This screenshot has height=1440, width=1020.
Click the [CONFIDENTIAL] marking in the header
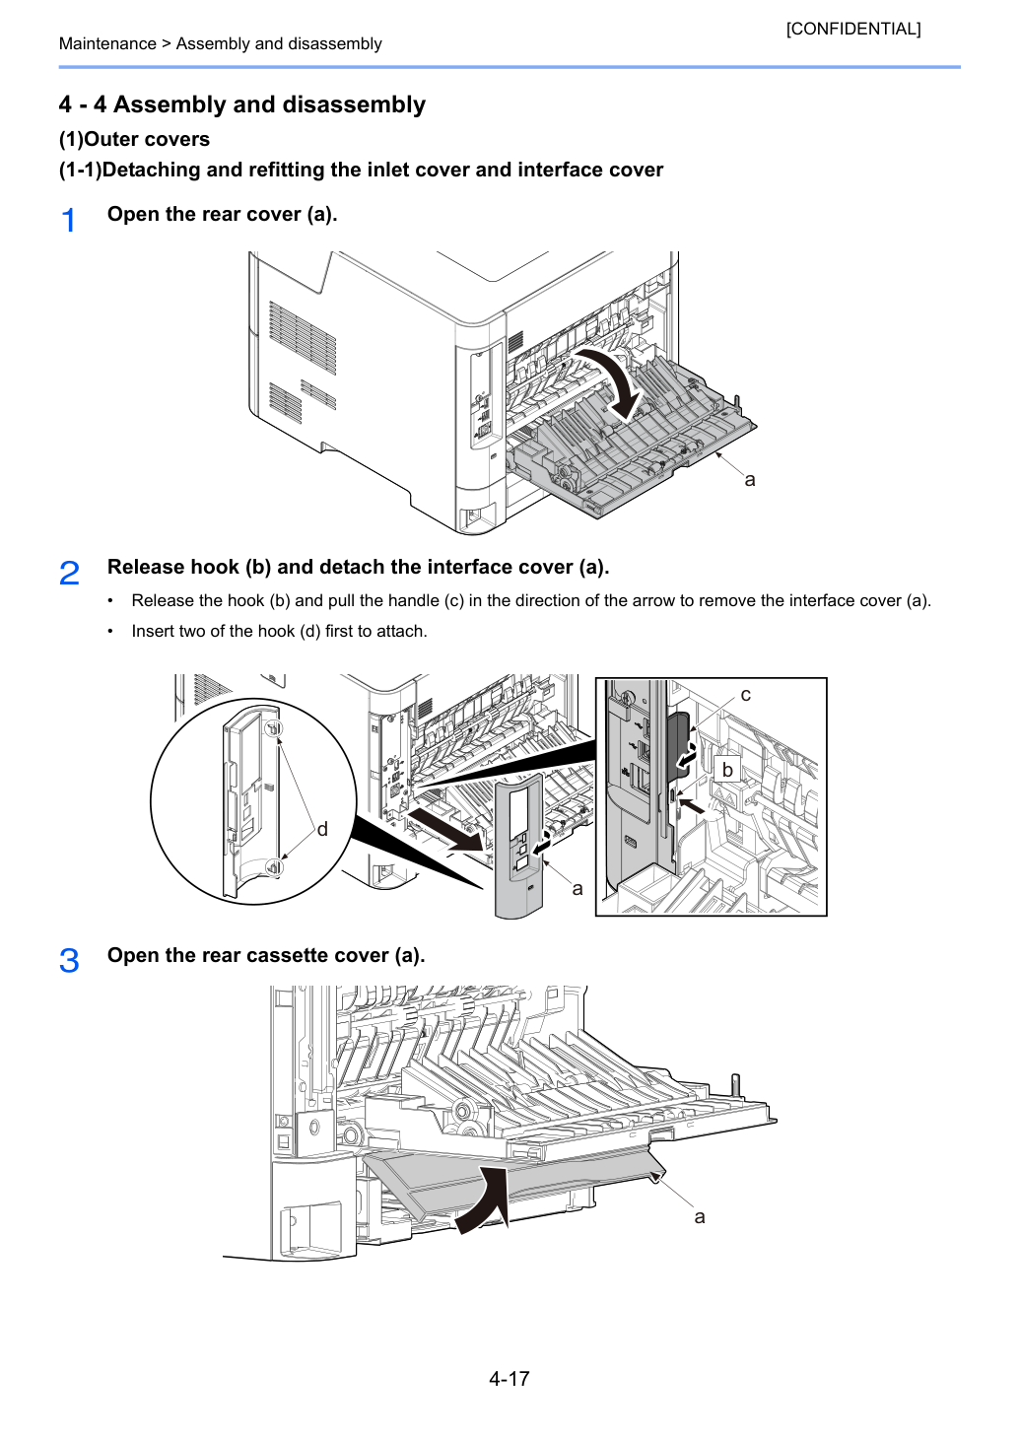coord(852,29)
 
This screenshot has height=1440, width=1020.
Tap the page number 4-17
coord(510,1378)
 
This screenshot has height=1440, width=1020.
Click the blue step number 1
coord(68,221)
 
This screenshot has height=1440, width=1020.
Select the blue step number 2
coord(69,572)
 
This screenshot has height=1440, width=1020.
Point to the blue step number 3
coord(69,960)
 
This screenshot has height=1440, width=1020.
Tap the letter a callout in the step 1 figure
coord(749,480)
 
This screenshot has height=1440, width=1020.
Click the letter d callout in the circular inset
coord(322,829)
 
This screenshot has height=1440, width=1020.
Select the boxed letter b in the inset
coord(727,770)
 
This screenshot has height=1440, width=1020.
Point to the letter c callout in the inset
coord(746,695)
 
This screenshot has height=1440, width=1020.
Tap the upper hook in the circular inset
coord(274,728)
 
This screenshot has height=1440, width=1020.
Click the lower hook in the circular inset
coord(274,867)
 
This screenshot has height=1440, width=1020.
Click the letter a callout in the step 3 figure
coord(700,1217)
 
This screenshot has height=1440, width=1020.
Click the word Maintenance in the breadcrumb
coord(107,43)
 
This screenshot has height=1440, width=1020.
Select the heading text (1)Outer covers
coord(134,139)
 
